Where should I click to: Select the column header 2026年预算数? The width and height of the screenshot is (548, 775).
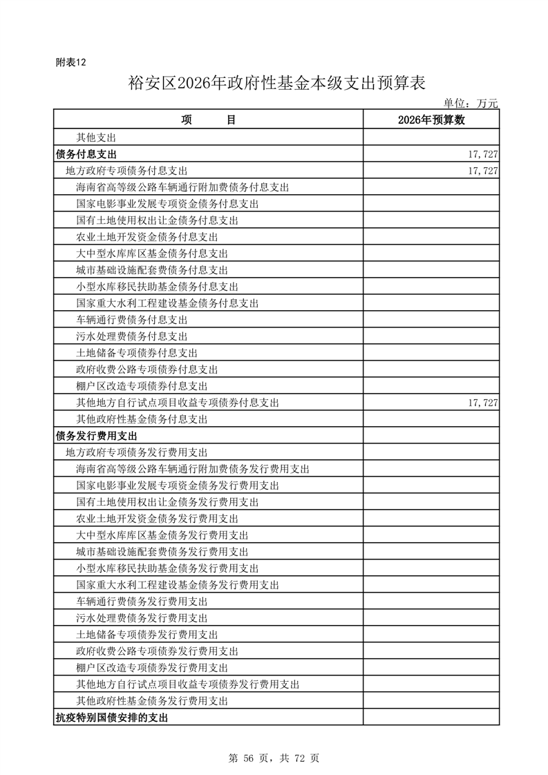pyautogui.click(x=431, y=120)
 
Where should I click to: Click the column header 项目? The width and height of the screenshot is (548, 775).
pyautogui.click(x=209, y=120)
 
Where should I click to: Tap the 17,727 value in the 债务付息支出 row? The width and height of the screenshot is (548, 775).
pyautogui.click(x=483, y=154)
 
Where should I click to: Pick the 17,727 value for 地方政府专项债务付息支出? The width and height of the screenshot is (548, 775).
pyautogui.click(x=483, y=171)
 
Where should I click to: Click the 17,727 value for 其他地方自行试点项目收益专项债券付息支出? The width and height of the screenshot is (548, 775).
pyautogui.click(x=483, y=403)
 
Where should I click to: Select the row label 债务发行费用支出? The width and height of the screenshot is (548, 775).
pyautogui.click(x=96, y=436)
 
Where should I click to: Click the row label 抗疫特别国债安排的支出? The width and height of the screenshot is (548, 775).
pyautogui.click(x=111, y=718)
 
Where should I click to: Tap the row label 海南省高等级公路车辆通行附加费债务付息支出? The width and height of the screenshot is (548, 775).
pyautogui.click(x=182, y=187)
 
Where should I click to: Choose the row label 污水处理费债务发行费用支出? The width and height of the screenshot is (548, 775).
pyautogui.click(x=142, y=618)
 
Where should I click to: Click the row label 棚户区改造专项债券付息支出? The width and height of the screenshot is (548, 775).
pyautogui.click(x=142, y=386)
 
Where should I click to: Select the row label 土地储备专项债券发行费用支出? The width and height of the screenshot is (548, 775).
pyautogui.click(x=147, y=635)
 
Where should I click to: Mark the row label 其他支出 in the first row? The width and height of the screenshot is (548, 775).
pyautogui.click(x=96, y=137)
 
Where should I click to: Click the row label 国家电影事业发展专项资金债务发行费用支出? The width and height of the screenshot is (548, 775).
pyautogui.click(x=178, y=486)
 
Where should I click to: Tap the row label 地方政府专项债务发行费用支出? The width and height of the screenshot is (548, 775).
pyautogui.click(x=137, y=452)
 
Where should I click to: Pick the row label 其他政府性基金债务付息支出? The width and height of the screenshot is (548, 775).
pyautogui.click(x=142, y=419)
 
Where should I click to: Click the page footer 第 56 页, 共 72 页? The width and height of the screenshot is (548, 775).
pyautogui.click(x=274, y=758)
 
